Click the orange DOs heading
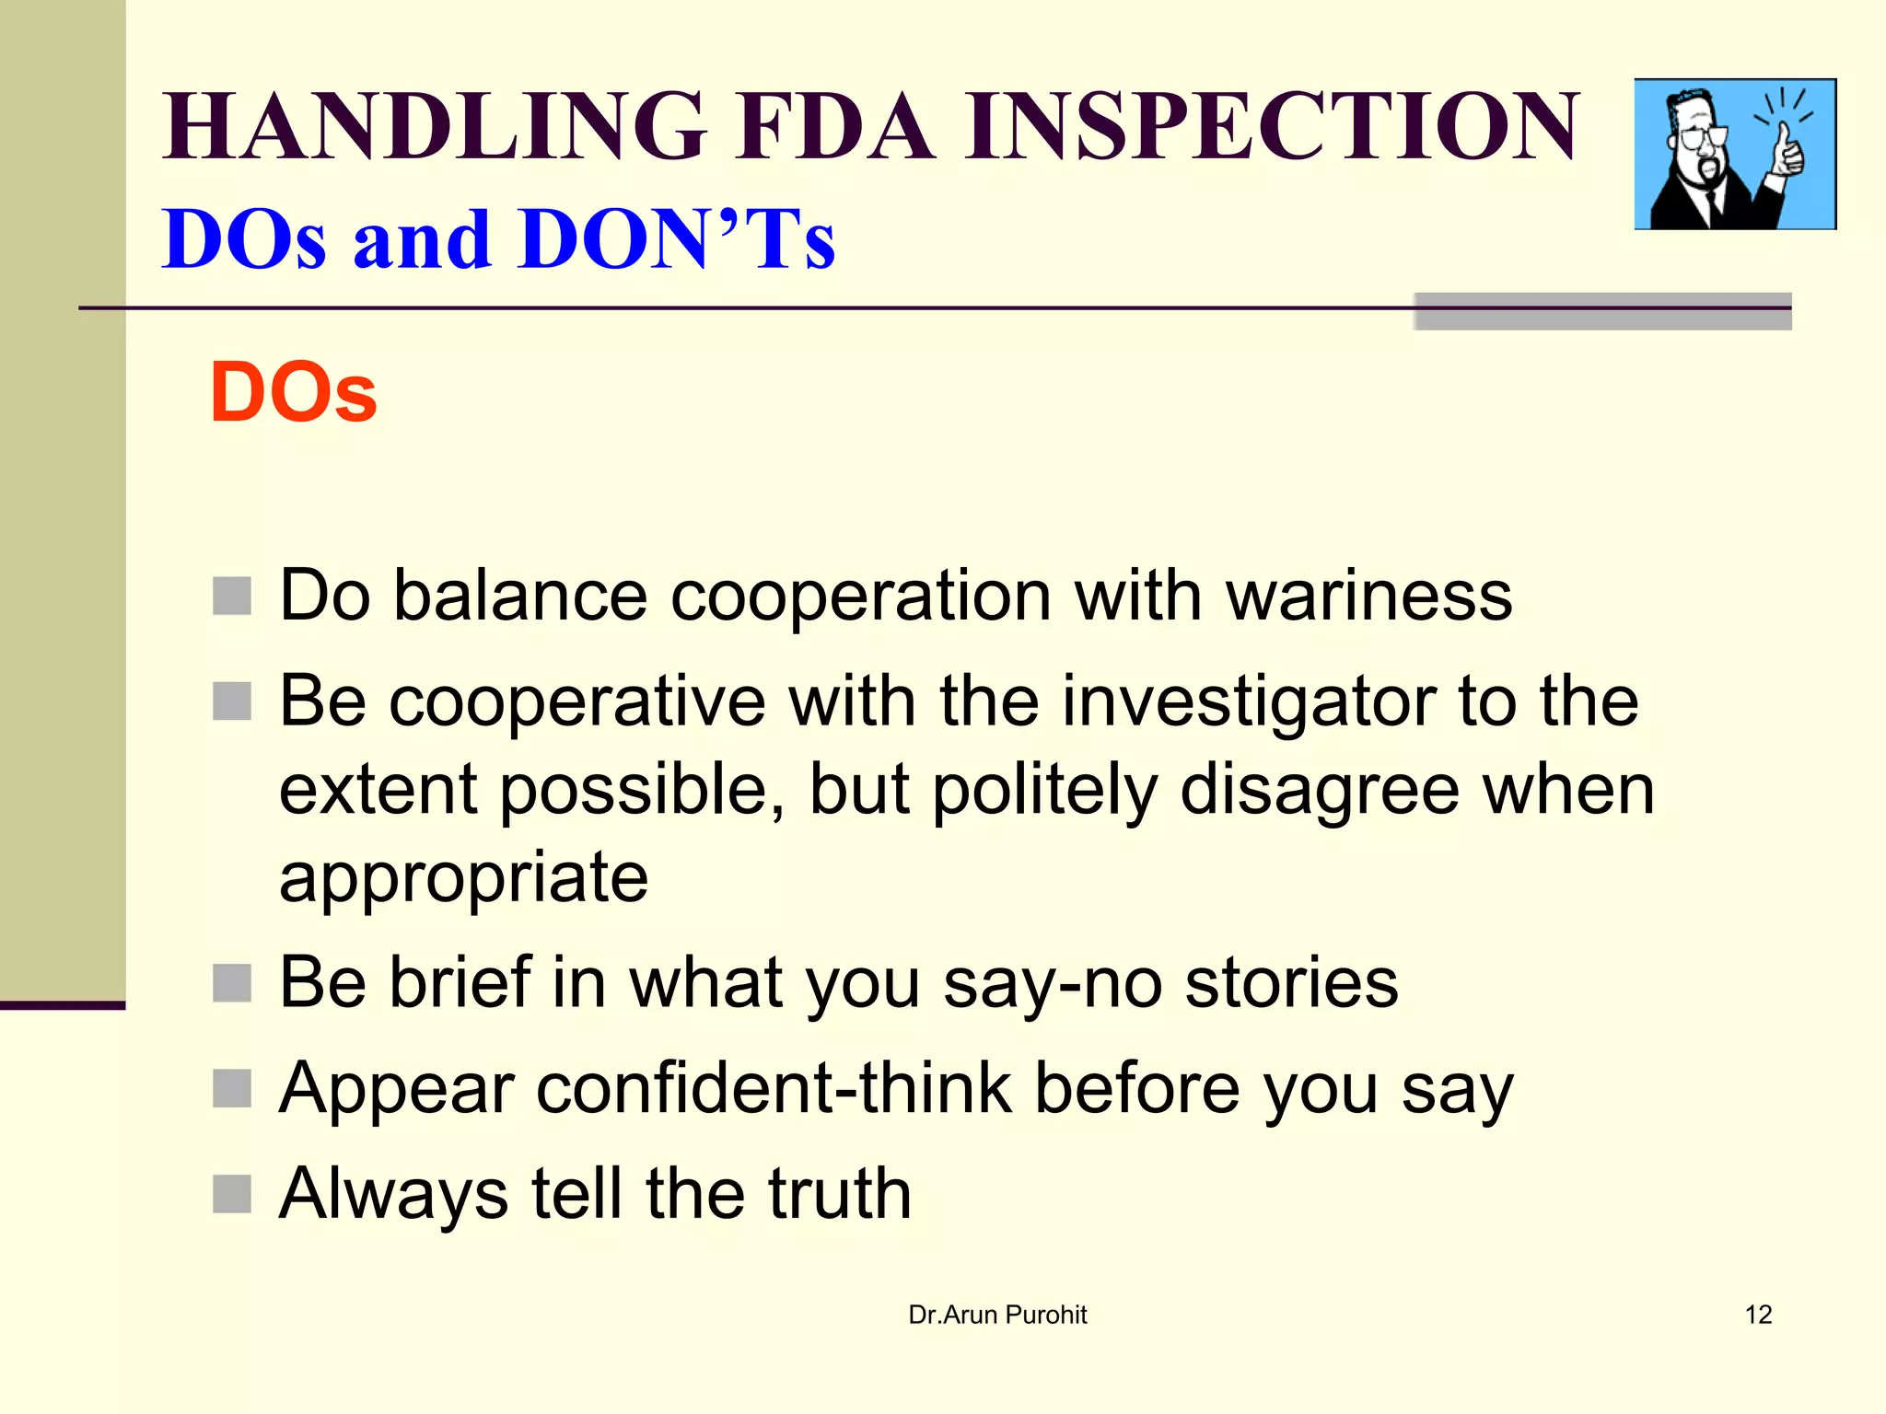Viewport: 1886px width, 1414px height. click(x=293, y=392)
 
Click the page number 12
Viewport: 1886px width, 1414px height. click(x=1758, y=1315)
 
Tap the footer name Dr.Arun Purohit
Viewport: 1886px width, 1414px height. click(x=997, y=1315)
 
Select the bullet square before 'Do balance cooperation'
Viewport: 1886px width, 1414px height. click(x=232, y=596)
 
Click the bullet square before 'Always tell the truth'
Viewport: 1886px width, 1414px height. click(x=232, y=1194)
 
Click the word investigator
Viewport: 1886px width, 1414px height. click(x=1249, y=701)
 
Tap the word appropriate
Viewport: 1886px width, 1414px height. click(x=463, y=879)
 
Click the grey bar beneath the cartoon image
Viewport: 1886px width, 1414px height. click(x=1602, y=311)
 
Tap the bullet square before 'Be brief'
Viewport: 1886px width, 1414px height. click(x=232, y=982)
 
